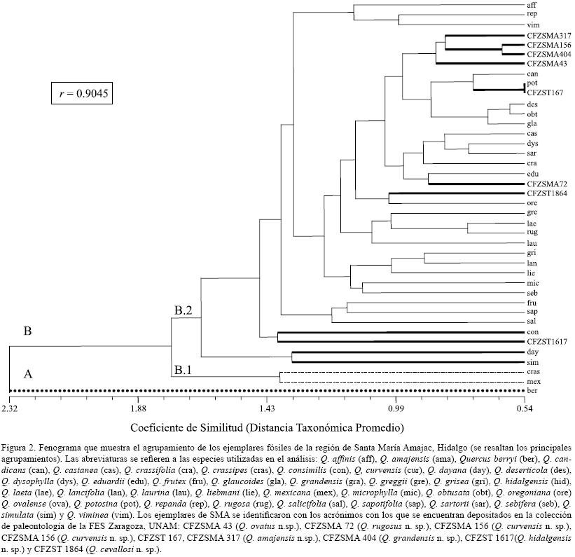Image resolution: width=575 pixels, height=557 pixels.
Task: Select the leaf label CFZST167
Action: [x=546, y=92]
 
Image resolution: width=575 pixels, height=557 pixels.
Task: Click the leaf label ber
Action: [x=532, y=390]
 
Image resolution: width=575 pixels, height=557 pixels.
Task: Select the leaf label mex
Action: [x=533, y=381]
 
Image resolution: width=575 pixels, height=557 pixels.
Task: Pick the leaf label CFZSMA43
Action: [x=547, y=64]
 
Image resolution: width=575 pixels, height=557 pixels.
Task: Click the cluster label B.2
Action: [x=183, y=310]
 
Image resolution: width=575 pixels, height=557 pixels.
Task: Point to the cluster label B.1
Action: [x=183, y=369]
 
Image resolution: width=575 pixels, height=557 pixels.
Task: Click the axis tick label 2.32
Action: [x=9, y=408]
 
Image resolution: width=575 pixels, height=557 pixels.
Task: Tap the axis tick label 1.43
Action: [x=267, y=408]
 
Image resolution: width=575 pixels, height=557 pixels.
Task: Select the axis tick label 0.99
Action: [x=396, y=408]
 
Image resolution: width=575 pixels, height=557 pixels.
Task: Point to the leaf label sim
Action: [x=532, y=361]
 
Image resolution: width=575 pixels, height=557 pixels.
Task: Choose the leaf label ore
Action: [x=532, y=202]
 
